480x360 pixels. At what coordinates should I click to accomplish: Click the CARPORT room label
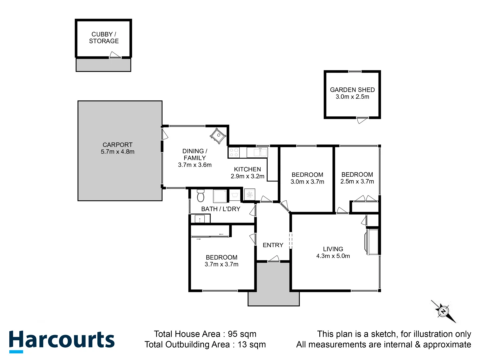coord(117,145)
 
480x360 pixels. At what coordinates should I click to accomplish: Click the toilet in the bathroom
coord(200,196)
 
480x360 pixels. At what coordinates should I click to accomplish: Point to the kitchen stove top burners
coord(234,152)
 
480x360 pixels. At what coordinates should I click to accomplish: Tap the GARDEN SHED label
coord(352,90)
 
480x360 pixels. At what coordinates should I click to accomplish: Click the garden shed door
coord(362,120)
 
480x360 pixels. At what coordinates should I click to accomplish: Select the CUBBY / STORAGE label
coord(104,38)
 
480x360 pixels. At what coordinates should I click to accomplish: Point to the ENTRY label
coord(273,245)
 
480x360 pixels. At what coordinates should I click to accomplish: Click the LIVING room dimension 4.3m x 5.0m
coord(333,256)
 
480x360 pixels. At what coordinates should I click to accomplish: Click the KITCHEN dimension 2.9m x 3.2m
coord(247,176)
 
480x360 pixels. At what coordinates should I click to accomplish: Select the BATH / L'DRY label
coord(221,209)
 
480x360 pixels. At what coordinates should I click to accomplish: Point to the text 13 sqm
coord(252,345)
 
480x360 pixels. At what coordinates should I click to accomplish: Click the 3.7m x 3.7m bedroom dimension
coord(221,264)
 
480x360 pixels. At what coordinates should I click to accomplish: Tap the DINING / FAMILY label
coord(195,154)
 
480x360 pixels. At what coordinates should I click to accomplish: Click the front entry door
coord(274,259)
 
